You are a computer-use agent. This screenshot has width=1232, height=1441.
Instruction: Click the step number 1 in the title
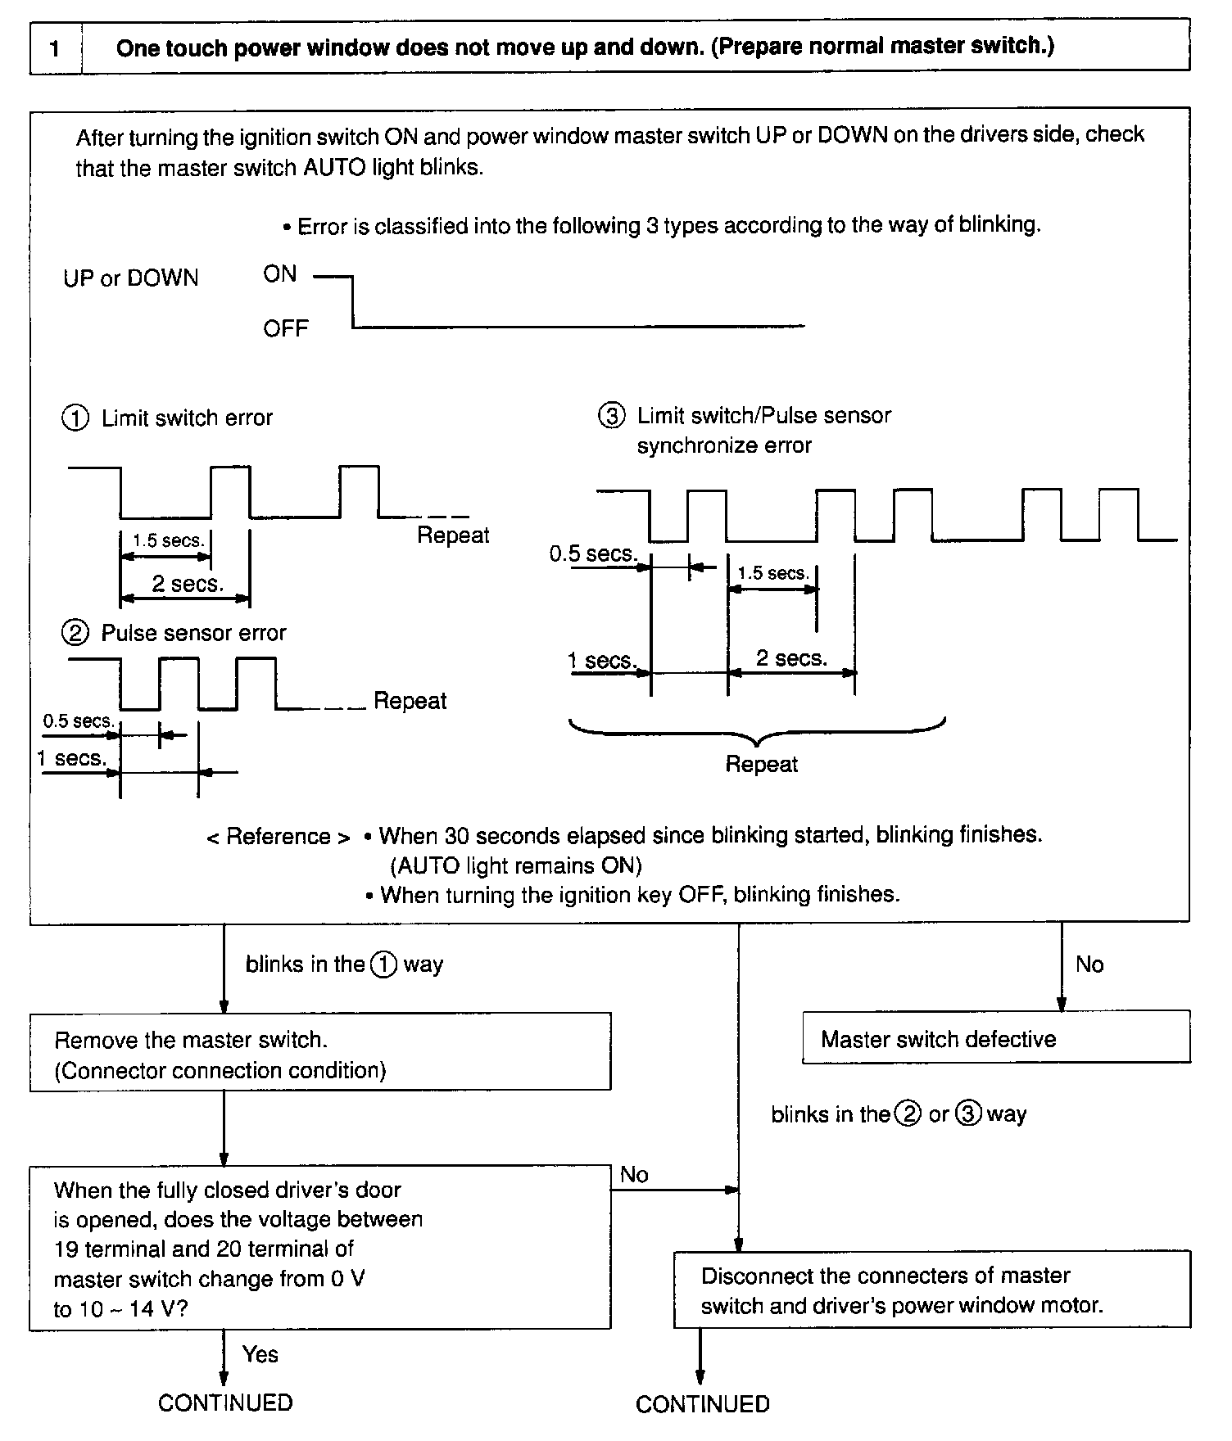pos(55,48)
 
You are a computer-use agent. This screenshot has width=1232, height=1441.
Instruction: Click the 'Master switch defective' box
pos(995,1038)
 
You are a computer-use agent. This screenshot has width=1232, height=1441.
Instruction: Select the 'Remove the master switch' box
pos(319,1053)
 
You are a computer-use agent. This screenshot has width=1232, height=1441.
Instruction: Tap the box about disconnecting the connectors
pos(931,1290)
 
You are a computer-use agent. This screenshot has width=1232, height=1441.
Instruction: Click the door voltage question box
pos(319,1249)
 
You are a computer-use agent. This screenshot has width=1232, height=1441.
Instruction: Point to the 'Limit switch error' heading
pos(187,418)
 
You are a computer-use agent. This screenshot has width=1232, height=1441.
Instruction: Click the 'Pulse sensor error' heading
pos(193,633)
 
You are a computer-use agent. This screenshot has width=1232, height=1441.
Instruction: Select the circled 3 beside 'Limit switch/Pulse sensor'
pos(611,416)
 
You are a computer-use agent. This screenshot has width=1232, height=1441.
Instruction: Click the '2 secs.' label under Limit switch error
pos(188,584)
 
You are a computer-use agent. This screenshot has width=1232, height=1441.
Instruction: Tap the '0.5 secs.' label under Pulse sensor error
pos(78,721)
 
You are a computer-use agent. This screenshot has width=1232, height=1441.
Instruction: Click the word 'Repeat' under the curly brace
pos(761,764)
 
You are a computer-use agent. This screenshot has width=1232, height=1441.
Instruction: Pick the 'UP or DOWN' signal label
pos(131,278)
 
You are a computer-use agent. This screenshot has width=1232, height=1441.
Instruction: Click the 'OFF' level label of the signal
pos(285,329)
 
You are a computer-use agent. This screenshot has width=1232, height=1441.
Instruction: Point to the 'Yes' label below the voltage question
pos(260,1354)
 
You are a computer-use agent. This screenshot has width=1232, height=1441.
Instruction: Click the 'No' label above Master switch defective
pos(1089,964)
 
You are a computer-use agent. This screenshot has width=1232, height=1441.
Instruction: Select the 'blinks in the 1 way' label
pos(344,964)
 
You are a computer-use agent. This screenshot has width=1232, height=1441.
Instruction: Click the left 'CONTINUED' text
pos(225,1403)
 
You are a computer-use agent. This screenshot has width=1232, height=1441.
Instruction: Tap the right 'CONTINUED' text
pos(702,1404)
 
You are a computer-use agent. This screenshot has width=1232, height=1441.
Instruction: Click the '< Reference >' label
pos(279,837)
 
